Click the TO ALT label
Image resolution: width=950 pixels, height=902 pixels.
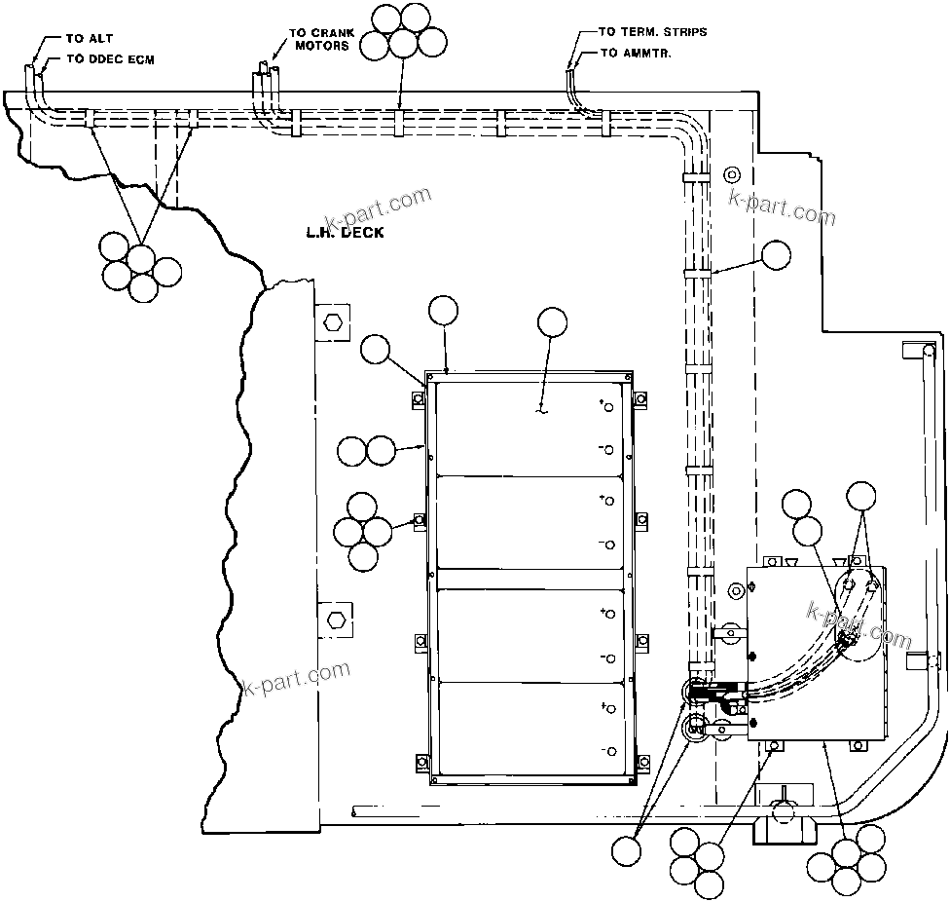click(89, 40)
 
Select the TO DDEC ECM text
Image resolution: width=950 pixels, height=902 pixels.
click(109, 59)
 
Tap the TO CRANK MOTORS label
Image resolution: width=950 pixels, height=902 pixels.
click(319, 39)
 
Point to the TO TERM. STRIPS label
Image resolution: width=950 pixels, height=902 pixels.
click(653, 32)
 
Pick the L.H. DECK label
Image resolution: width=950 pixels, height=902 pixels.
click(344, 232)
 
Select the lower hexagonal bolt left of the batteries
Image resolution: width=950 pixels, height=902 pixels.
click(333, 619)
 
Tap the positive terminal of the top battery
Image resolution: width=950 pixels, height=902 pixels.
click(609, 407)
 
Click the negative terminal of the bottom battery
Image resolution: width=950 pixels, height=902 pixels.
click(609, 751)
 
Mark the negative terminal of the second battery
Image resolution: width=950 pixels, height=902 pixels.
click(609, 545)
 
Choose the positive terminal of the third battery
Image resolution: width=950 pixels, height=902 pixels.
click(609, 613)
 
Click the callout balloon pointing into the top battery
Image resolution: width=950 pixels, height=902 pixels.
click(552, 322)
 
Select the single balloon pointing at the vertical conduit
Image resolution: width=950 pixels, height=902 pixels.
click(776, 255)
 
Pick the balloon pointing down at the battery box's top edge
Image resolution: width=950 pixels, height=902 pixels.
click(443, 311)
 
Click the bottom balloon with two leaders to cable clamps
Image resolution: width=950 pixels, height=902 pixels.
click(627, 849)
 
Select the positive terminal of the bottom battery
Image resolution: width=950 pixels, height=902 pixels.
click(609, 705)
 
